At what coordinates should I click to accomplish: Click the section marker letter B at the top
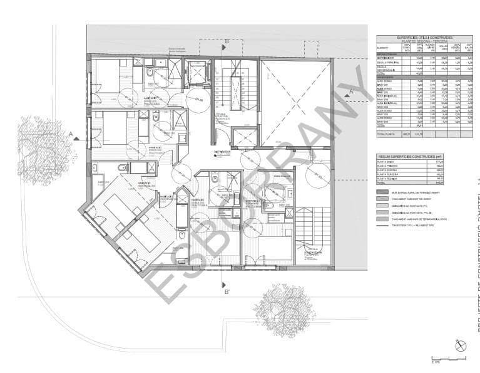227,41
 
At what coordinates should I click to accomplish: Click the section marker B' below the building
227,291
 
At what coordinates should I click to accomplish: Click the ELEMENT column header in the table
381,48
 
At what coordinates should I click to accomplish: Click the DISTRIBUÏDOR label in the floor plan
222,152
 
